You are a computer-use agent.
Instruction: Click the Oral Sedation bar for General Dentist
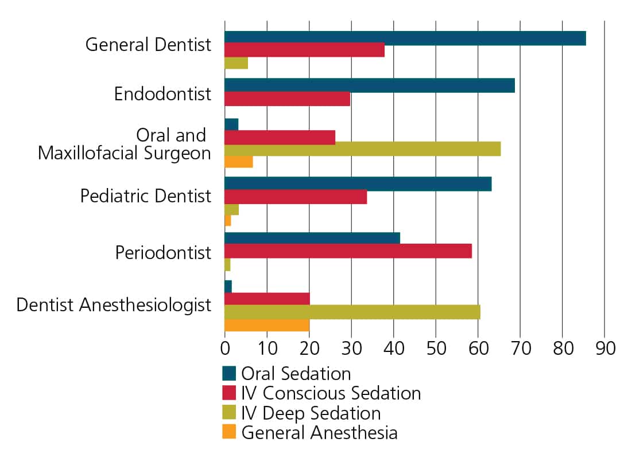tap(405, 38)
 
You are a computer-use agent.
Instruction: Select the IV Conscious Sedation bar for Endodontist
tap(287, 99)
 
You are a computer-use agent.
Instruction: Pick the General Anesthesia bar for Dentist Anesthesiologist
tap(267, 326)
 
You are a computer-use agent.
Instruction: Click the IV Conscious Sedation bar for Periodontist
tap(348, 251)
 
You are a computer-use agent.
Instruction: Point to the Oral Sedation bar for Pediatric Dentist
tap(358, 184)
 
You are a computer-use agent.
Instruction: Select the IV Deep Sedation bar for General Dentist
tap(236, 63)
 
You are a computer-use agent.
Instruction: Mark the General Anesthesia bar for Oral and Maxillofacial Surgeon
tap(238, 162)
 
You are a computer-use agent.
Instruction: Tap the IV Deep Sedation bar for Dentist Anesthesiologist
tap(352, 312)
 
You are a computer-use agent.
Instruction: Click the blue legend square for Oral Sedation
tap(229, 374)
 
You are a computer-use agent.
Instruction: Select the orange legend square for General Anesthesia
tap(229, 432)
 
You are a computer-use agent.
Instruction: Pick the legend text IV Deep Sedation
tap(311, 413)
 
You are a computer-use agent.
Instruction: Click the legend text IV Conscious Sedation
tap(331, 393)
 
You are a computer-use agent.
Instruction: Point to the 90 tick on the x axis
tap(604, 349)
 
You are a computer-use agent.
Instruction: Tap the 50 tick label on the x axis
tap(436, 349)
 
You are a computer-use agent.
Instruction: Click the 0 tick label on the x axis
tap(224, 349)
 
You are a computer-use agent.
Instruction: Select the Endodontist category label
tap(162, 93)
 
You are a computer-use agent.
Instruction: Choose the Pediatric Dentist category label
tap(146, 195)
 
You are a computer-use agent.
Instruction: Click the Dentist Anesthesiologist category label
tap(114, 304)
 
